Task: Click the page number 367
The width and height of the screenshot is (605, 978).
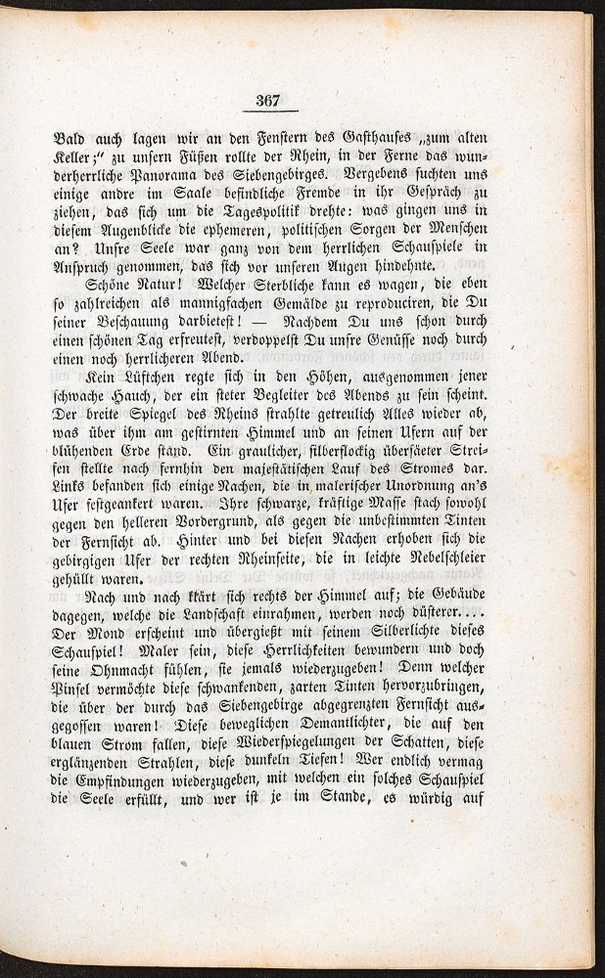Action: click(268, 99)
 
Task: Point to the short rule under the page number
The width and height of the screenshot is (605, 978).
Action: click(268, 111)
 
